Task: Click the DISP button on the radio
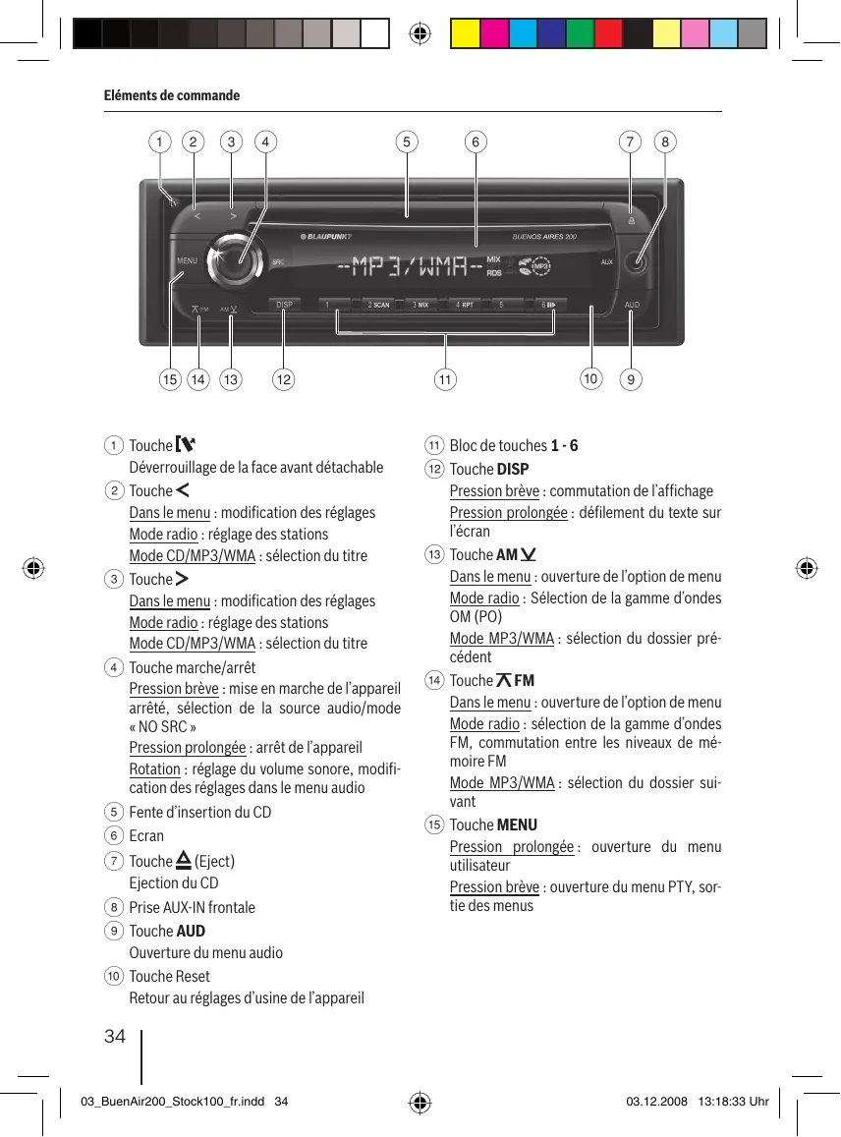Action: tap(284, 305)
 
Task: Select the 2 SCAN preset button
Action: tap(378, 305)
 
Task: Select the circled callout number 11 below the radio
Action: tap(446, 379)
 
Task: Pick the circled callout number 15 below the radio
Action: tap(171, 379)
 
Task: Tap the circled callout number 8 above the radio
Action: tap(666, 142)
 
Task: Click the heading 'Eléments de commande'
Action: tap(172, 95)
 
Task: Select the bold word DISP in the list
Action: tap(513, 469)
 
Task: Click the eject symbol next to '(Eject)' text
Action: tap(183, 861)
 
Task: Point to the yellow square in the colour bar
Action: tap(465, 34)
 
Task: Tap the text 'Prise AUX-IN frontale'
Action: tap(192, 907)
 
